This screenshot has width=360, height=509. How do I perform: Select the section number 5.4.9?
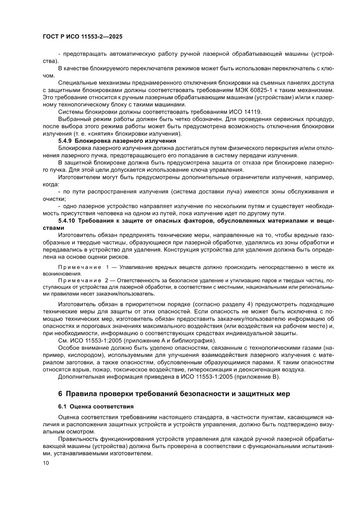[66, 141]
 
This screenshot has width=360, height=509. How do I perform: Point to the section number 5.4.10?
[67, 221]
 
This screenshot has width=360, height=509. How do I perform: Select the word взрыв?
[79, 369]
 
